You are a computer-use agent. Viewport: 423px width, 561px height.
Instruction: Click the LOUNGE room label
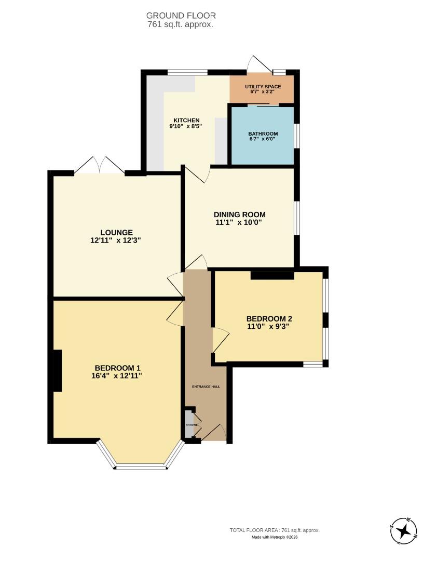[x=116, y=232]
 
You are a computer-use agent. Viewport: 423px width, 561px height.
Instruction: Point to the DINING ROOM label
[x=240, y=214]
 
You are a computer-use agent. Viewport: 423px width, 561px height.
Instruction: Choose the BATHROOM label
[x=263, y=133]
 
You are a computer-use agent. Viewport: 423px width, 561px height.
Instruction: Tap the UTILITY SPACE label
[x=263, y=86]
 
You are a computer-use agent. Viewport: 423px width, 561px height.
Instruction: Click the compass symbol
[x=403, y=531]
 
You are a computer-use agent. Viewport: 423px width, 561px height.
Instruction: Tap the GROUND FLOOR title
[x=181, y=16]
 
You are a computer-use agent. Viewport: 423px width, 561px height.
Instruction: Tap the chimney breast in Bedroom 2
[x=272, y=275]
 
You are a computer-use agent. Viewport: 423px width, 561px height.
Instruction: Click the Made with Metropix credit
[x=275, y=537]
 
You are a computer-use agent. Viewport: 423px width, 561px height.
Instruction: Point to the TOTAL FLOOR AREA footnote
[x=275, y=530]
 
